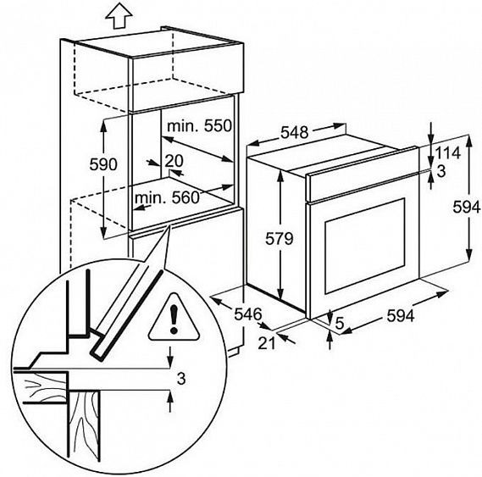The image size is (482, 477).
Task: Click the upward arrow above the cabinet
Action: point(119,16)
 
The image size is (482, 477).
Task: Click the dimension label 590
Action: point(103,164)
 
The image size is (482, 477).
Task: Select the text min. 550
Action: point(199,125)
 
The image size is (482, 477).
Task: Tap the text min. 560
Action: point(167,197)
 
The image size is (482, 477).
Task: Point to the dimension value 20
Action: point(174,160)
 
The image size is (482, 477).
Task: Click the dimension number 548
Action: point(295,132)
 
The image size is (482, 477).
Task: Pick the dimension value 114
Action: point(447,153)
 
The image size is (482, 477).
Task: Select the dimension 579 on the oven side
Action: point(279,238)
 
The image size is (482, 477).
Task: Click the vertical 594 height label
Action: point(466,207)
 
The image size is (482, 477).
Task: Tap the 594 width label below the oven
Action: point(400,315)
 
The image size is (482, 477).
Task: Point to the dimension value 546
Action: point(247,314)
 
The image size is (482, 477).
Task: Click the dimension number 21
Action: point(266,343)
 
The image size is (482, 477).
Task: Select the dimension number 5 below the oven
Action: point(339,323)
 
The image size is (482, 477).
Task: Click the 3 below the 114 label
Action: point(440,171)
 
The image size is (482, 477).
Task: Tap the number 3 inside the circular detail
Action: point(181,379)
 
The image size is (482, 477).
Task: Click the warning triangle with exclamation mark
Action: point(174,318)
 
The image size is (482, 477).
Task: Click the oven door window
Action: point(365,246)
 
